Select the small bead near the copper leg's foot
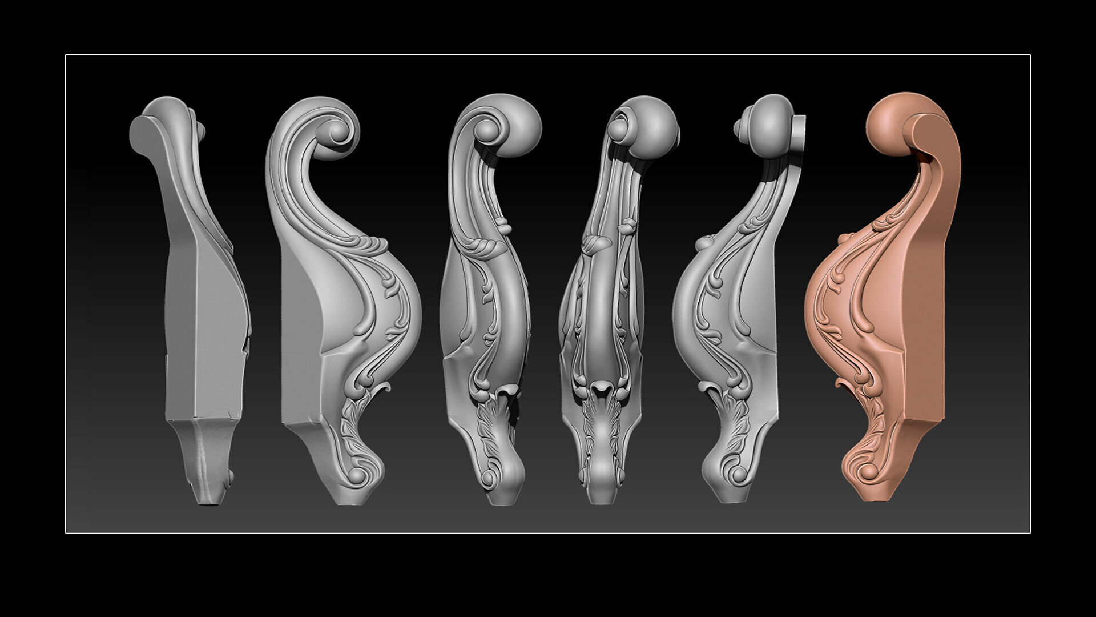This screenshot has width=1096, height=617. click(x=868, y=472)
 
